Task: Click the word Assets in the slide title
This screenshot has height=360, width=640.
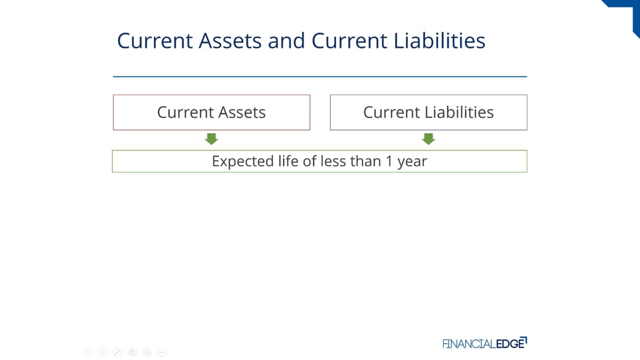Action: tap(230, 41)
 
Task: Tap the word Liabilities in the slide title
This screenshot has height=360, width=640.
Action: tap(439, 41)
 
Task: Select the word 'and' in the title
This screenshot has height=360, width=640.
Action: tap(286, 41)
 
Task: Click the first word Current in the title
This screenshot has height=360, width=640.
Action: tap(155, 41)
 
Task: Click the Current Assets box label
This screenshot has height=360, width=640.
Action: tap(211, 112)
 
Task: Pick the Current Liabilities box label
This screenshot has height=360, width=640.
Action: tap(429, 112)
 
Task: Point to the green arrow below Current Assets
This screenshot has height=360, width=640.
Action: tap(211, 139)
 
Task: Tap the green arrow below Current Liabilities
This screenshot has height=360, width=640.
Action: tap(429, 139)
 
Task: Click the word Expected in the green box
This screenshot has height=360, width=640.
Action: tap(243, 162)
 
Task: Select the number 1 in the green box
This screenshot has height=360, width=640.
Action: tap(389, 161)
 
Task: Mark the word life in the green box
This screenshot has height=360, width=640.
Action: tap(289, 161)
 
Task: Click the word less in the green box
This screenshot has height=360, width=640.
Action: tap(333, 161)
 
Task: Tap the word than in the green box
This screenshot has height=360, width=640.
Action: tap(366, 161)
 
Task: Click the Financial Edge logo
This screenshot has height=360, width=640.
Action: tap(485, 343)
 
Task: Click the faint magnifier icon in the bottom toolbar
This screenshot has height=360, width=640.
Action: tap(147, 353)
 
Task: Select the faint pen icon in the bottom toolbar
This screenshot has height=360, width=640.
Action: tap(117, 353)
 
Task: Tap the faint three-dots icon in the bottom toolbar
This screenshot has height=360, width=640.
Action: tap(162, 353)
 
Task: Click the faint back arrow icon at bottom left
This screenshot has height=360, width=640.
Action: tap(87, 353)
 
